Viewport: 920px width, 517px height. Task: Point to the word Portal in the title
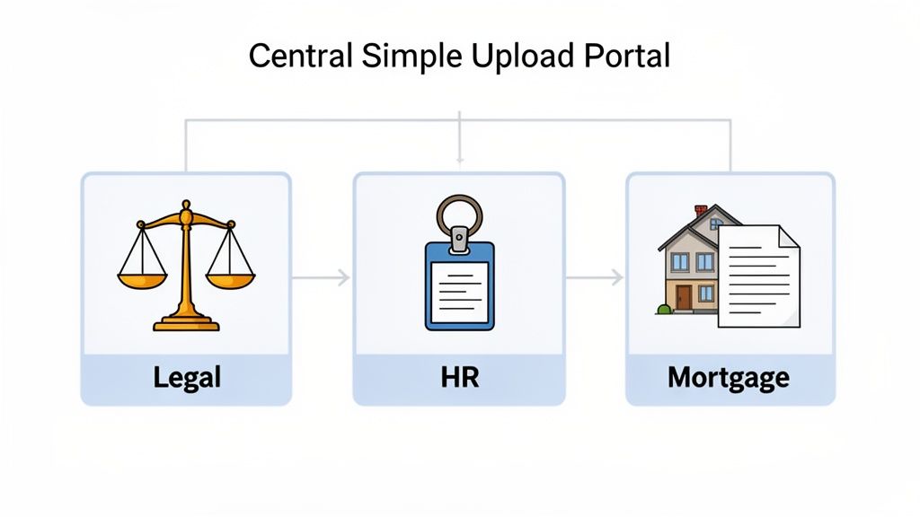[626, 56]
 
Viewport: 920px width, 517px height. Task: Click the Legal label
[187, 377]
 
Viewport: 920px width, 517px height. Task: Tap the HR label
[459, 377]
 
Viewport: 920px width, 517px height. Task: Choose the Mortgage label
[729, 377]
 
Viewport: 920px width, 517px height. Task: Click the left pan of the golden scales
[142, 279]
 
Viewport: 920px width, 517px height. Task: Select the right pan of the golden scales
[231, 279]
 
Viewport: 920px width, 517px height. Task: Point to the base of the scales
[186, 323]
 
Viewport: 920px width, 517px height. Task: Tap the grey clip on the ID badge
[459, 240]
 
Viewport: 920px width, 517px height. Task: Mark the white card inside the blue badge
[459, 291]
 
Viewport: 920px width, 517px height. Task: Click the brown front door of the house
[685, 297]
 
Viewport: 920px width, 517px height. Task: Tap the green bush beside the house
[664, 310]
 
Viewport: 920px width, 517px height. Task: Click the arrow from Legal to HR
[322, 278]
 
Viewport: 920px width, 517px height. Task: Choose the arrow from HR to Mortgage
[595, 278]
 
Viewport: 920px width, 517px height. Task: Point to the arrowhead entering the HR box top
[459, 161]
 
